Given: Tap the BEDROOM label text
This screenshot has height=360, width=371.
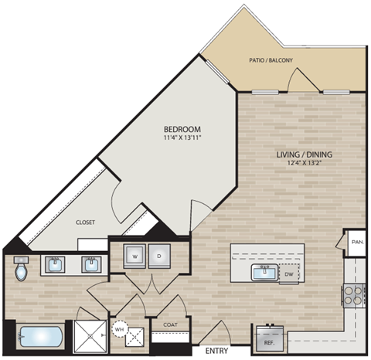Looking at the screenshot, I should click(x=182, y=128).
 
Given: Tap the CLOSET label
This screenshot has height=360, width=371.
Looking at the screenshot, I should click(x=85, y=222).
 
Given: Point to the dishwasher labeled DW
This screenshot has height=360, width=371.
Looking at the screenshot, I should click(x=288, y=273).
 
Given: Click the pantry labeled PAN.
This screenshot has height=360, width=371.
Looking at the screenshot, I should click(x=357, y=241).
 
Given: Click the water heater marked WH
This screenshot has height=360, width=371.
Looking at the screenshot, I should click(x=119, y=328).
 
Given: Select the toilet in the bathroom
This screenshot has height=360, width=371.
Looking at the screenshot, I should click(x=22, y=270).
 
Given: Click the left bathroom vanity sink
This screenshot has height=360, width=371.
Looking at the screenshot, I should click(x=56, y=267).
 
